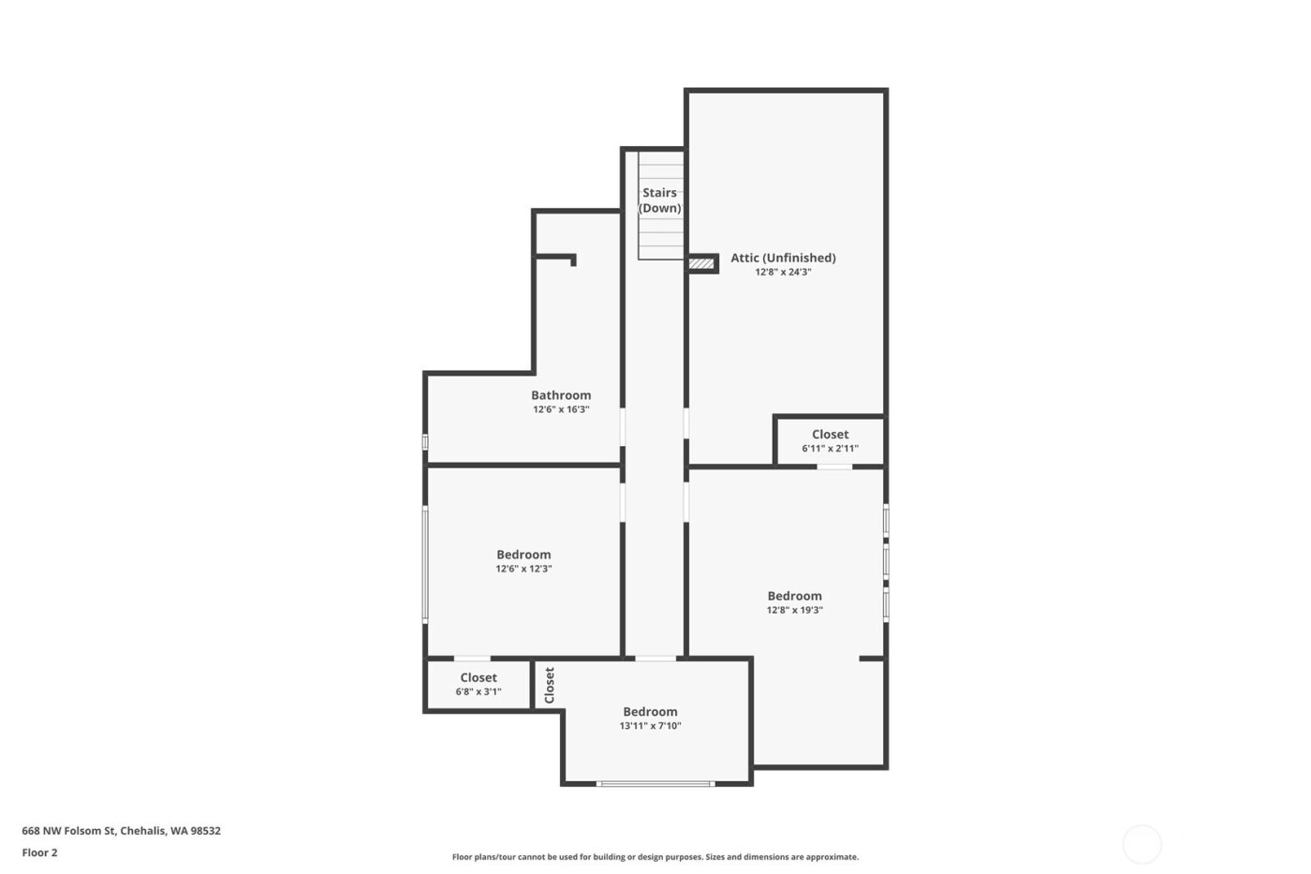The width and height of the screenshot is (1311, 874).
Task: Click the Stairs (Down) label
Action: point(659,200)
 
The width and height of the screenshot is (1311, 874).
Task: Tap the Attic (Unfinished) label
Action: point(783,258)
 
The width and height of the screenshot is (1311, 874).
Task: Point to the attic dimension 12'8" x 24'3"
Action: point(783,273)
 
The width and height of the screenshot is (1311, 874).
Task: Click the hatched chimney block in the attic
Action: point(701,264)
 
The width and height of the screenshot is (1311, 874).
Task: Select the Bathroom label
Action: point(561,395)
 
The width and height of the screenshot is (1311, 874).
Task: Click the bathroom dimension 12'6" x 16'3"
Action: point(561,409)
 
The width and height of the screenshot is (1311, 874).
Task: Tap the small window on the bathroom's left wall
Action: point(425,441)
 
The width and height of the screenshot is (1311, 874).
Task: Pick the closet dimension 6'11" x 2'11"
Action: point(830,449)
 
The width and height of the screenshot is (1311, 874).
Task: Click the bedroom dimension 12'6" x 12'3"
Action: point(523,569)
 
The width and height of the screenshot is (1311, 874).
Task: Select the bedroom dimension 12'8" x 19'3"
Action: point(794,610)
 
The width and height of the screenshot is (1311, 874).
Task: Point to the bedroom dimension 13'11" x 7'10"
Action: point(650,726)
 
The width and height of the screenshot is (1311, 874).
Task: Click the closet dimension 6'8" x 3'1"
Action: point(479,692)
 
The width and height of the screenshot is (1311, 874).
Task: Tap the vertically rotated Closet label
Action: point(550,685)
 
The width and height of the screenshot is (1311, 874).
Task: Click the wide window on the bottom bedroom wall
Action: point(655,783)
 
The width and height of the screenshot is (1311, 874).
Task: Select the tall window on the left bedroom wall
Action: point(425,563)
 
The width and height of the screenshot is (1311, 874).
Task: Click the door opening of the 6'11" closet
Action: point(834,466)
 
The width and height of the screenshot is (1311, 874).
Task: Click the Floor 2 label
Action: point(40,852)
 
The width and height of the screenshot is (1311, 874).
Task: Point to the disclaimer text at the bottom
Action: point(655,857)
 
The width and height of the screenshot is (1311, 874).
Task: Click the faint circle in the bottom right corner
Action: point(1142,844)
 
